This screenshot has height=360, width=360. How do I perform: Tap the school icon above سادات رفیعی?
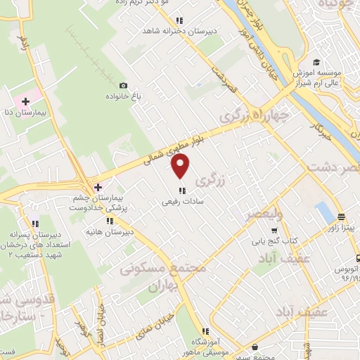click(x=181, y=190)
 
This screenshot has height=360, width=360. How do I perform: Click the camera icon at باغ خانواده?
click(x=124, y=85)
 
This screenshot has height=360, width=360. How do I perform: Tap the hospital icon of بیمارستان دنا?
click(x=26, y=102)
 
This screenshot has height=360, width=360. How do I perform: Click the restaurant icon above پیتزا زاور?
click(x=341, y=217)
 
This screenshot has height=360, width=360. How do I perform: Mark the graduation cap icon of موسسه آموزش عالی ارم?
click(x=317, y=62)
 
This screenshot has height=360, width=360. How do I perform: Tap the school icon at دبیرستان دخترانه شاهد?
click(x=180, y=20)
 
